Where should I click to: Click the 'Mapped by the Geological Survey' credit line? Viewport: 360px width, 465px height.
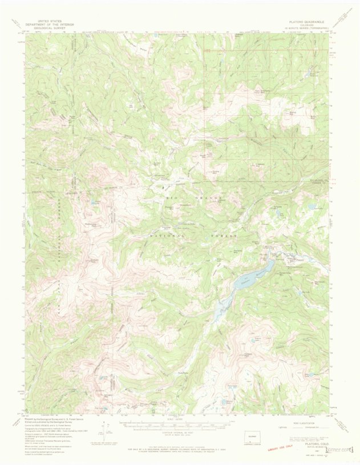coord(48,418)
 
